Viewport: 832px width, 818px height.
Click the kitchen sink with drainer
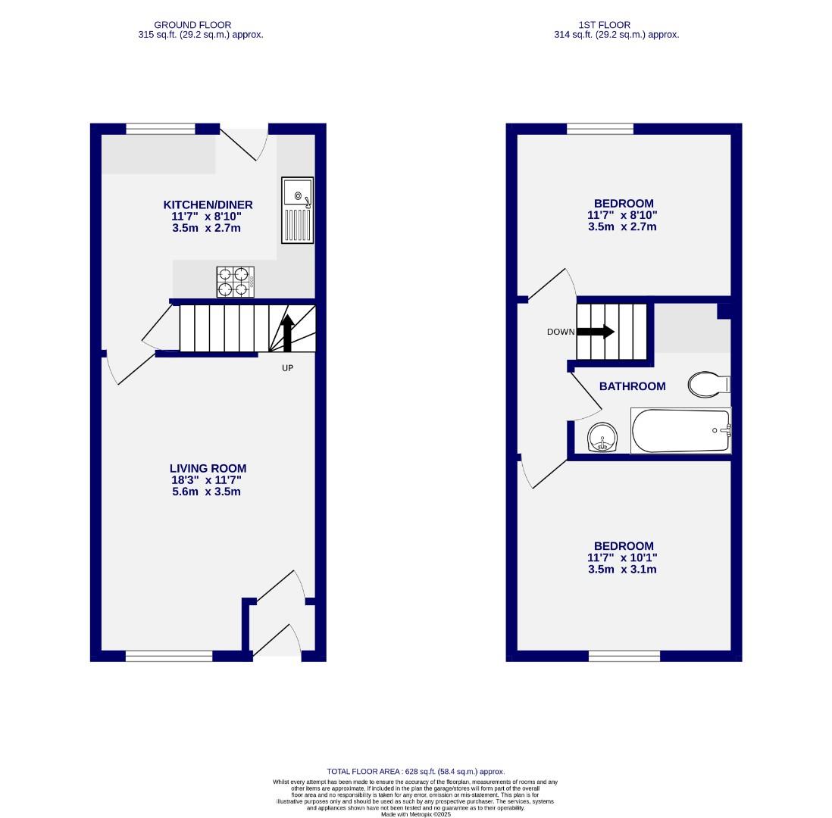tap(297, 211)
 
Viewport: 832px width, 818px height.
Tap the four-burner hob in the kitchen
tap(235, 282)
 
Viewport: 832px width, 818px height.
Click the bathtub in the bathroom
tap(680, 430)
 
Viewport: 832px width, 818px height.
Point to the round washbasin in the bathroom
tap(603, 437)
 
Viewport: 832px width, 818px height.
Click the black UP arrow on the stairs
tap(287, 333)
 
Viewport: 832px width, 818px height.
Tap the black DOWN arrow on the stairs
tap(596, 332)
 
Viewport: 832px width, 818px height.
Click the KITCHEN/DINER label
tap(208, 204)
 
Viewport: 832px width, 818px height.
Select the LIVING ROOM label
tap(208, 469)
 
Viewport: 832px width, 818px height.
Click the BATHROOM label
tap(632, 386)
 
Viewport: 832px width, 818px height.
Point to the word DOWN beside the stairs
tap(561, 333)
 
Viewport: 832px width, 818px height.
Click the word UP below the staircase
tap(287, 368)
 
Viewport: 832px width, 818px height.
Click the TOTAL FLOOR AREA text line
tap(415, 772)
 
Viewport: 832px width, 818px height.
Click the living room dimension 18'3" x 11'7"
tap(206, 480)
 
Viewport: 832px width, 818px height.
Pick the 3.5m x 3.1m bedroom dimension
tap(622, 569)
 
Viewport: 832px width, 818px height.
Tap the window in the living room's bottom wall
tap(169, 656)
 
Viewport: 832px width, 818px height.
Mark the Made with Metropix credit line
tap(415, 814)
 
